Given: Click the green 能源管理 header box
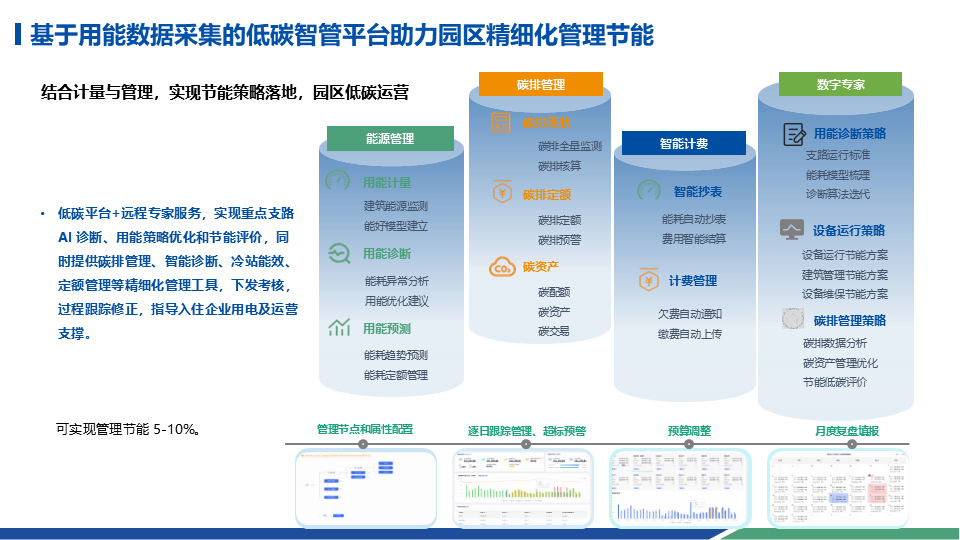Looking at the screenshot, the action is tap(390, 139).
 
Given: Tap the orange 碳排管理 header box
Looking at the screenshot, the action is tap(541, 84).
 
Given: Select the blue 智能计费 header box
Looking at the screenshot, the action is tap(684, 144).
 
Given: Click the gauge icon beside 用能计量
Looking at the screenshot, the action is tap(338, 182).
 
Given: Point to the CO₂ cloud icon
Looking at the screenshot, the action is tap(501, 267).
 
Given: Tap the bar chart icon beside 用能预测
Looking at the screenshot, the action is tap(338, 327).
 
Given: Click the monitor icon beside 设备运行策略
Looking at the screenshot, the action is tap(793, 229).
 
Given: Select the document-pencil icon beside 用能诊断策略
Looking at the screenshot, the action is tap(794, 133).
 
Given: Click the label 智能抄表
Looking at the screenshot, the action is tap(697, 192).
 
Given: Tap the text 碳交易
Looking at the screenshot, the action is tap(553, 331).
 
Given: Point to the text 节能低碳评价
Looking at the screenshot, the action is tap(834, 382).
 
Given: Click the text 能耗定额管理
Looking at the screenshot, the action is tap(396, 375).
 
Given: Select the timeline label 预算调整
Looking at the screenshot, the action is tap(689, 431).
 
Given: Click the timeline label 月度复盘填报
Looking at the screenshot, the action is tap(846, 431).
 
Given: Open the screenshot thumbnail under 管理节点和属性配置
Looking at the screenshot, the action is tap(365, 487).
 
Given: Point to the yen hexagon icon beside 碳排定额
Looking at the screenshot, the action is tap(502, 193).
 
